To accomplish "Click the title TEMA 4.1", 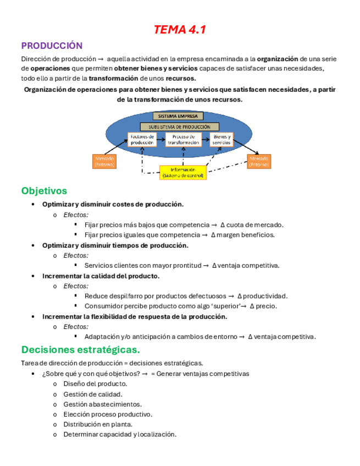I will pos(180,30).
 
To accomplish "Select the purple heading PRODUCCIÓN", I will pos(52,46).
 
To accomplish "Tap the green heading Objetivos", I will pos(44,191).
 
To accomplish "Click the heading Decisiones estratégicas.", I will pos(80,349).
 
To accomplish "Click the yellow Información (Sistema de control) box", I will pos(182,173).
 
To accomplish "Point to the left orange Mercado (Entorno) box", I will pos(102,161).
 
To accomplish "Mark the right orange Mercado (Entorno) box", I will pos(259,161).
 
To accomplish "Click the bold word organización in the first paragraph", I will pos(277,59).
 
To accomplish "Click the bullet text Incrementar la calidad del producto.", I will pos(101,276).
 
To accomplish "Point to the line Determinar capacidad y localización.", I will pos(119,434).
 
